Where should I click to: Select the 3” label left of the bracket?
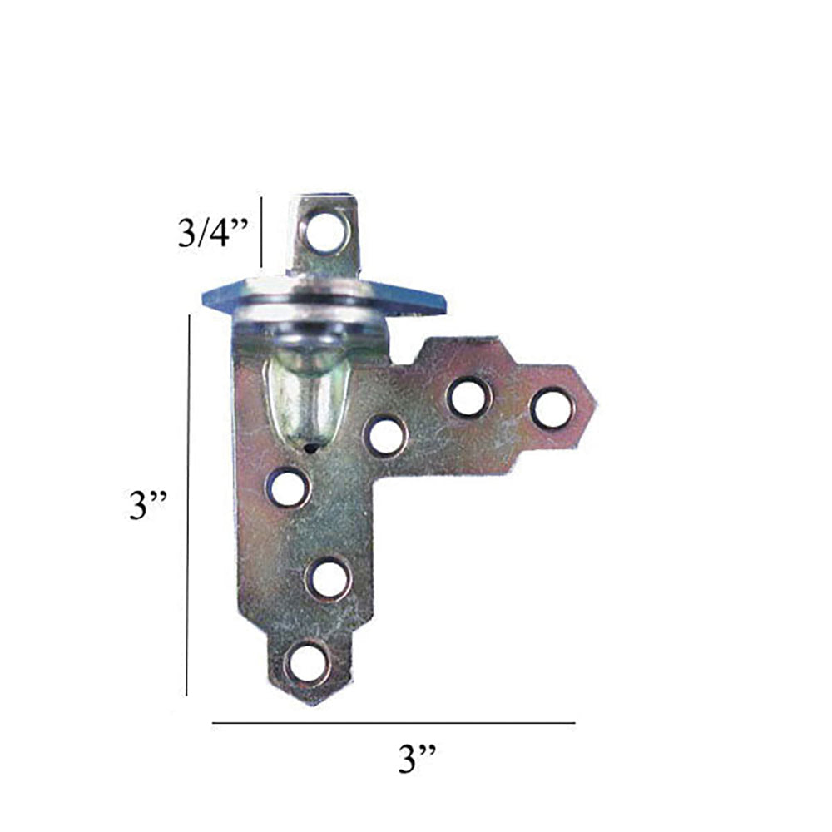coord(149,505)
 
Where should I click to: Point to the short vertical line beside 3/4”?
coord(262,232)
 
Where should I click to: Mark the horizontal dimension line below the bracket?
coord(393,723)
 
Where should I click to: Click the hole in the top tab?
coord(325,230)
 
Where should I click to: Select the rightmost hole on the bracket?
coord(552,409)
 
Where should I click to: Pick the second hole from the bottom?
coord(327,577)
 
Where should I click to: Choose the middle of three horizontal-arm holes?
coord(469,396)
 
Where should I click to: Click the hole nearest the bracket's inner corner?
coord(386,435)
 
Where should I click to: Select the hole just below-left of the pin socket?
coord(287,487)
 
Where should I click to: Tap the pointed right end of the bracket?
coord(596,405)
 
